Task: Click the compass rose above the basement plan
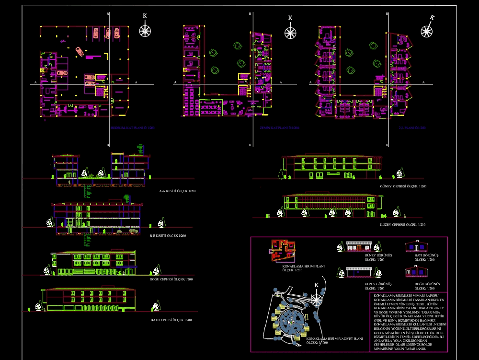145,31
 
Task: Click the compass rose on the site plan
316,300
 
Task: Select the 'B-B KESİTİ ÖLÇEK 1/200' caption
167,235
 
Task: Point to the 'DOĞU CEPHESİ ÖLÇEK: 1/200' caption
171,279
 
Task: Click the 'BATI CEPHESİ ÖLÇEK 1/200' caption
171,320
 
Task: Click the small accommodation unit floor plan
283,250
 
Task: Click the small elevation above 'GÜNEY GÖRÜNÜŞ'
358,246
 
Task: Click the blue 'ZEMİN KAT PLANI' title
279,128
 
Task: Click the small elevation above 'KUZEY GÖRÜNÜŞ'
358,272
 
